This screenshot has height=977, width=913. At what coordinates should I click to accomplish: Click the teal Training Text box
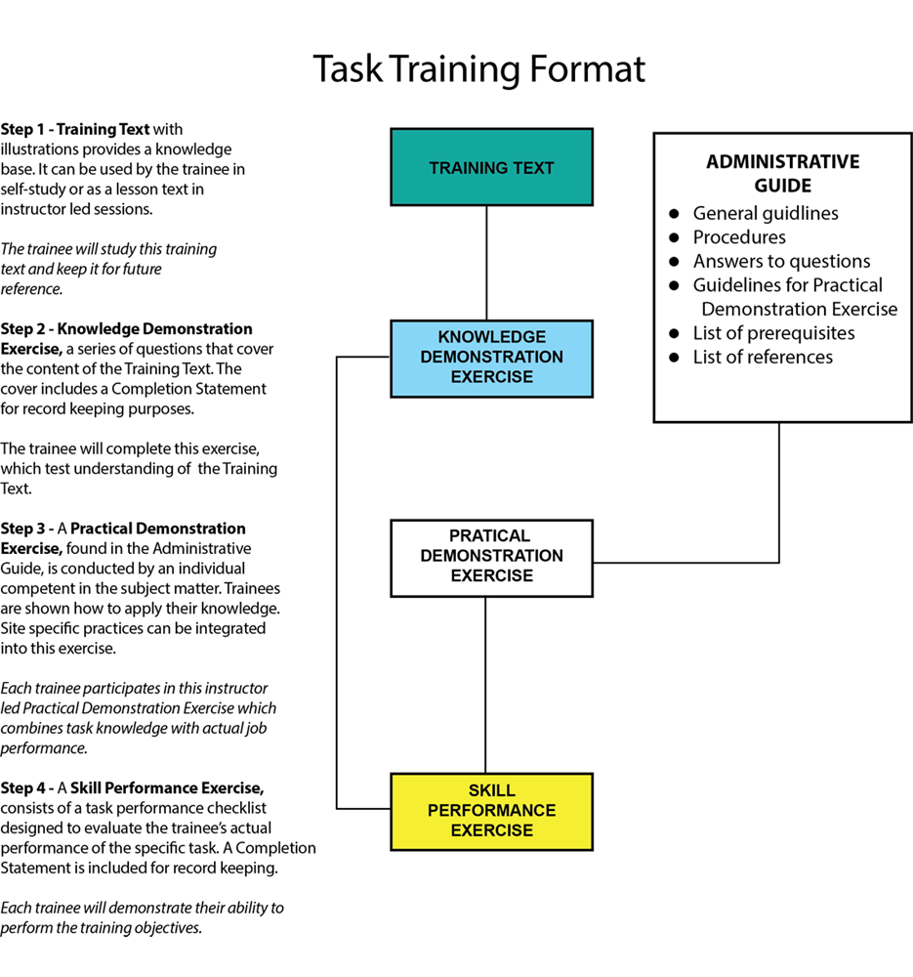tap(491, 167)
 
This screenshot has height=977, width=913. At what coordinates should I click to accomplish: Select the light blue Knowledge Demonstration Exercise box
tap(491, 358)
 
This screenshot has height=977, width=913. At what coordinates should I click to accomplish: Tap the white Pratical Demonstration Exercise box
tap(491, 557)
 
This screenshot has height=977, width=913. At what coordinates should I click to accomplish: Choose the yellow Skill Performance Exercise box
tap(491, 811)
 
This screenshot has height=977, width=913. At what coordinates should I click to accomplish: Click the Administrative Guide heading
tap(782, 173)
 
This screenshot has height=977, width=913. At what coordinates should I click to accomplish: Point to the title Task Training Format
tap(478, 69)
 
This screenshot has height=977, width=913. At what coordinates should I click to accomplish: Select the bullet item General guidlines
tap(766, 213)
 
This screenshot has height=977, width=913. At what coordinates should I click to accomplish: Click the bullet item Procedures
tap(739, 237)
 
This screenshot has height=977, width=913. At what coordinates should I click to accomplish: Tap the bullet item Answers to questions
tap(781, 261)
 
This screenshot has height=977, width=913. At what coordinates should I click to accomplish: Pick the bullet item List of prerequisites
tap(773, 333)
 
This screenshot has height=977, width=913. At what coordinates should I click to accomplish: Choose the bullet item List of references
tap(763, 357)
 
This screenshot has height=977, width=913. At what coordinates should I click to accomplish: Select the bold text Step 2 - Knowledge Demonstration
tap(127, 329)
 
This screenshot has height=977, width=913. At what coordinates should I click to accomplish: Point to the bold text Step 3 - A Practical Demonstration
tap(123, 529)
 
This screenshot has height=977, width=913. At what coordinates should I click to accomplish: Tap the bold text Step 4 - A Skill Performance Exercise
tap(132, 787)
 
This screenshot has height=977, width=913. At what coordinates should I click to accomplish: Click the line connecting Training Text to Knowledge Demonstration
tap(486, 262)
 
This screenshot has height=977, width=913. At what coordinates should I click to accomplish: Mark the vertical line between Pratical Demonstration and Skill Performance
tap(486, 684)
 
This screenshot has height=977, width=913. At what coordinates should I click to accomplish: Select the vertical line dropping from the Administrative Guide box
tap(779, 488)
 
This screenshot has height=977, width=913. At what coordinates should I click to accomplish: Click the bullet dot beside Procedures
tap(674, 238)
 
